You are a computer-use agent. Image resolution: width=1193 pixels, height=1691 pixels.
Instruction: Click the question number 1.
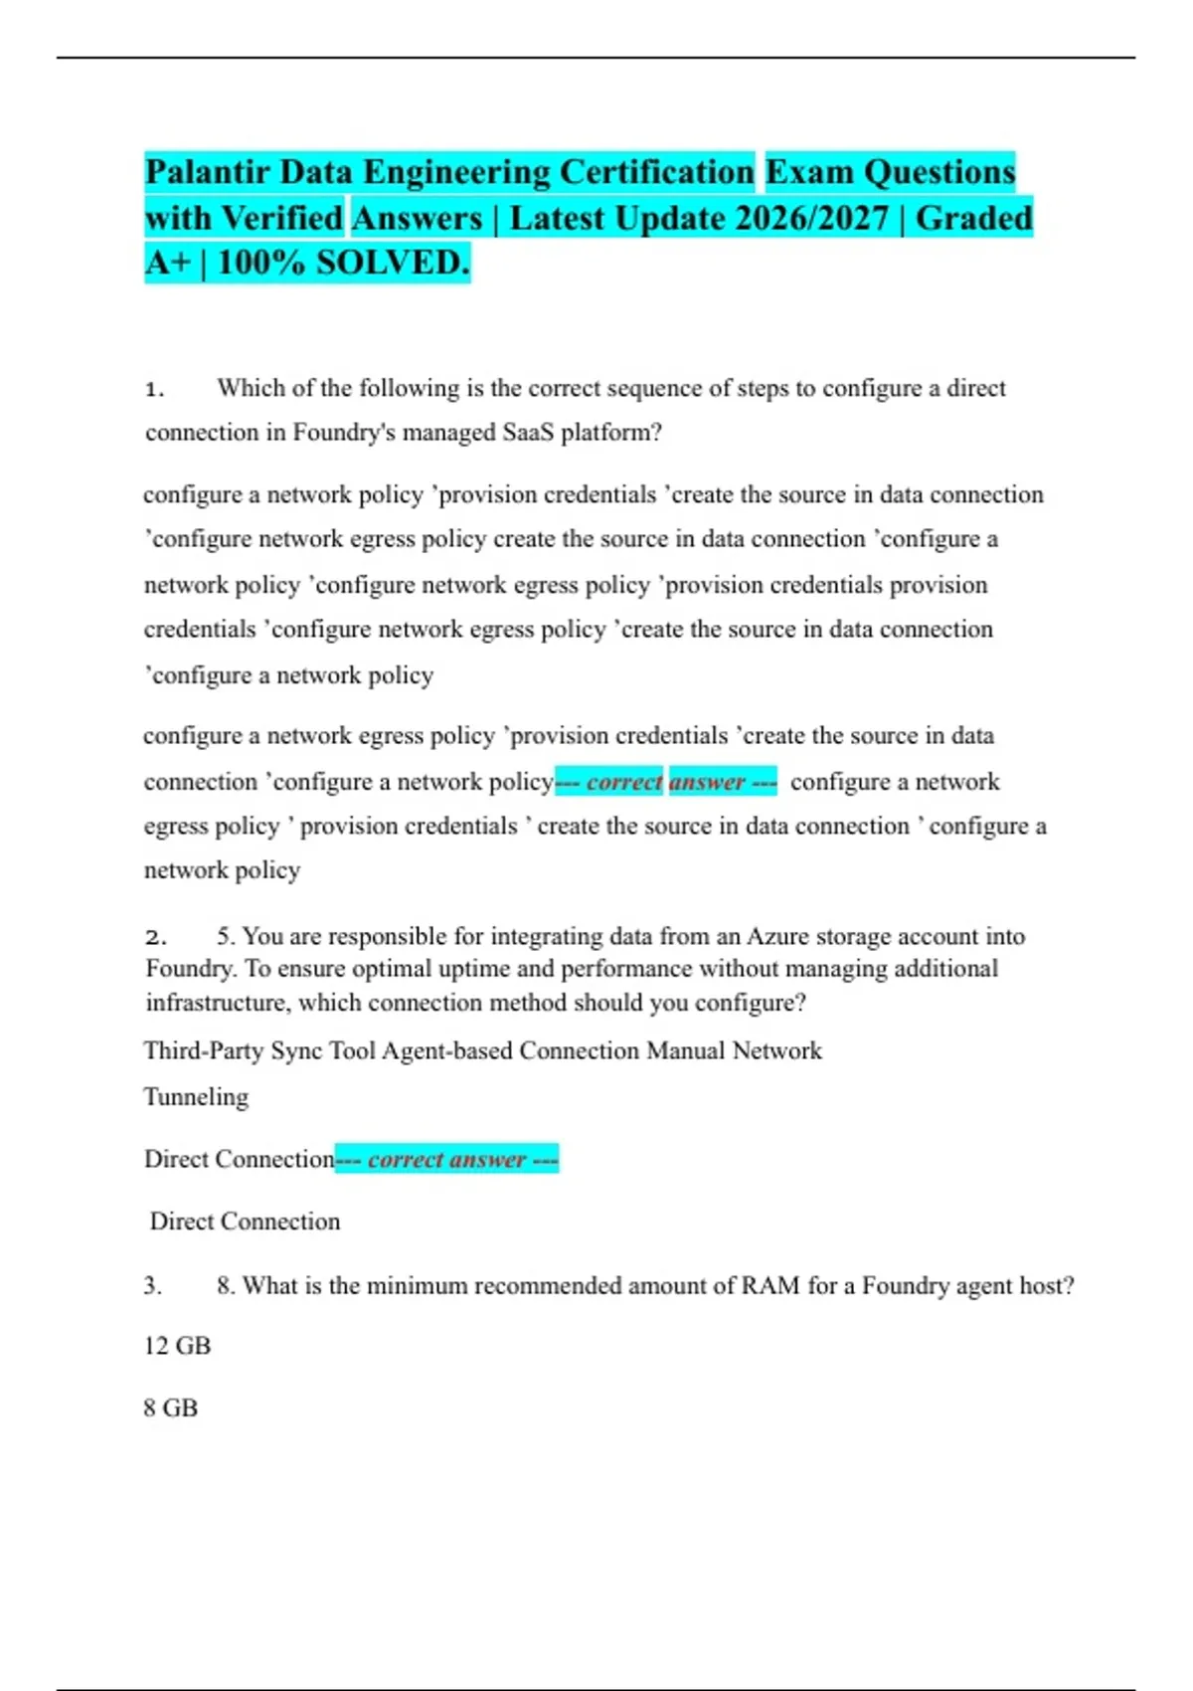pos(154,389)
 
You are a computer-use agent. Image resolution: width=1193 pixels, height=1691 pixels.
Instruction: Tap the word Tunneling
pos(196,1097)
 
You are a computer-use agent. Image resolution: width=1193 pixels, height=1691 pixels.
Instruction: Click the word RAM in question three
pos(770,1286)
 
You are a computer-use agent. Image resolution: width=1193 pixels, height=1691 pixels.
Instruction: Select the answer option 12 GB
pos(177,1346)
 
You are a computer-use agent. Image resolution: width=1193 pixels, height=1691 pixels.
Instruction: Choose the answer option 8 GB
pos(170,1409)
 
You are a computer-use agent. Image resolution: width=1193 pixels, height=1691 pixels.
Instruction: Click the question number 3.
pos(153,1286)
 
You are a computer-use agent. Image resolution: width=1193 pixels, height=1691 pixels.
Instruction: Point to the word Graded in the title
pos(973,218)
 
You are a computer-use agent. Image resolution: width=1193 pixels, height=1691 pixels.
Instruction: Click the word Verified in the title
pos(281,218)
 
